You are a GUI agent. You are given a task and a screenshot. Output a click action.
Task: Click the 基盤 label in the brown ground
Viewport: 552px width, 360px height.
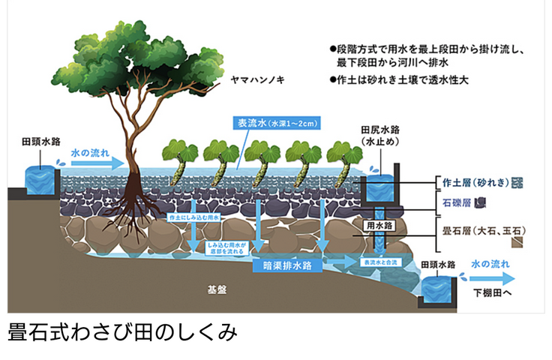point(217,288)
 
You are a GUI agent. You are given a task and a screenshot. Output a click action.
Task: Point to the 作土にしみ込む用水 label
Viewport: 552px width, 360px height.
point(193,217)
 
